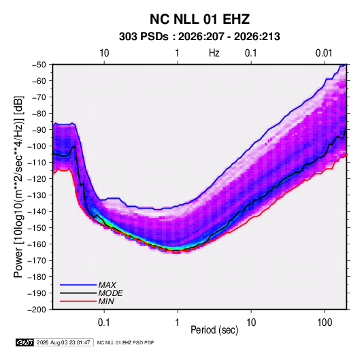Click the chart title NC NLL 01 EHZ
point(199,19)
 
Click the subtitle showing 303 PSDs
point(199,37)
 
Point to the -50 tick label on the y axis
point(39,65)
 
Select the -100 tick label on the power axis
point(37,146)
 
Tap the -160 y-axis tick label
point(37,244)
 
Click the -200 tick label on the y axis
point(37,310)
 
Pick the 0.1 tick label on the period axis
point(104,323)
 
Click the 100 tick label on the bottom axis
point(325,323)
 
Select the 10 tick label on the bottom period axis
point(251,323)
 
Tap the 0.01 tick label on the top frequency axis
point(324,53)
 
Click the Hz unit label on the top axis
point(214,53)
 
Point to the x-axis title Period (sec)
point(214,330)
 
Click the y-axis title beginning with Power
point(18,187)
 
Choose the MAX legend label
point(107,285)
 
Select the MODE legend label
point(110,293)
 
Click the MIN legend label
point(106,301)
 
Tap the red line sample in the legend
point(78,301)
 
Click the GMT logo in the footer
point(25,342)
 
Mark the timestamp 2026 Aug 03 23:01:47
point(63,342)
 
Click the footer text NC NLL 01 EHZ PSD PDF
point(125,343)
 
